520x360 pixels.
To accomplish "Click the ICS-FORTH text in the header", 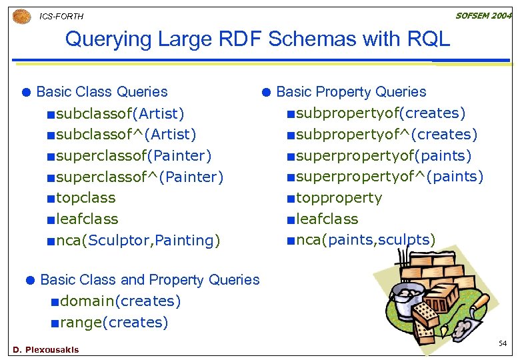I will pos(61,17).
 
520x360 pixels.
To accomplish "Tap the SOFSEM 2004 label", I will pos(483,15).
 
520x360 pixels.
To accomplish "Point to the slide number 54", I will pos(503,343).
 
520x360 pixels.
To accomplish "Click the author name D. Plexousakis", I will pos(45,349).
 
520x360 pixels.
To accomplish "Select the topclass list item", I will pos(85,198).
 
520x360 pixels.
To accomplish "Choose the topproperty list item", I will pos(339,198).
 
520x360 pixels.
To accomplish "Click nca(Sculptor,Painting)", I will pos(138,241).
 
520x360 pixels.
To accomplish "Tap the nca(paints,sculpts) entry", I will pos(365,240).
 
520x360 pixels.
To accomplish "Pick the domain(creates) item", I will pos(120,301).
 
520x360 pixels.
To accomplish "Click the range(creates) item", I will pos(114,323).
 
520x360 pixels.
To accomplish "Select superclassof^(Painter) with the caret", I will pos(139,177).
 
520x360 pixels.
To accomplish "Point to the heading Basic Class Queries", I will pos(102,92).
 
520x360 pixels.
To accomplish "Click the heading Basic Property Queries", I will pos(351,92).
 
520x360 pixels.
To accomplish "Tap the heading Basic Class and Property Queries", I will pos(150,280).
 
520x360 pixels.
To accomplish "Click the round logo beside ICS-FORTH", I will pos(21,16).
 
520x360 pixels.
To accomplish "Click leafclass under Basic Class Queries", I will pos(87,219).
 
